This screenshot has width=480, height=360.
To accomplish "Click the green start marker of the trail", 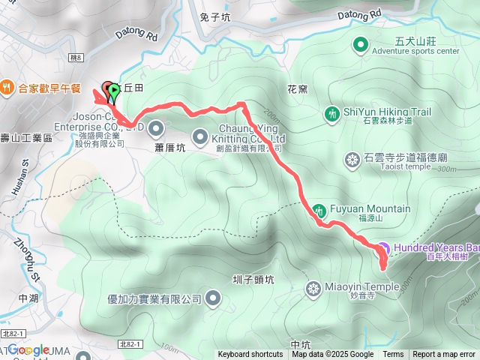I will pyautogui.click(x=113, y=91).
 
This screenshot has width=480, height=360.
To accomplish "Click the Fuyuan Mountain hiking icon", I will pyautogui.click(x=319, y=209).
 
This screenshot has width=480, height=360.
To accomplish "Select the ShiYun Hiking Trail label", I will pyautogui.click(x=387, y=112).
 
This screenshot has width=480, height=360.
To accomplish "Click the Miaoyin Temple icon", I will pyautogui.click(x=313, y=287).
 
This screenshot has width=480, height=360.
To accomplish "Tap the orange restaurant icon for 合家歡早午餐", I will pyautogui.click(x=7, y=86).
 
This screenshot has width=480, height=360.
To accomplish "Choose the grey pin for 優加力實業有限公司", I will pyautogui.click(x=213, y=299).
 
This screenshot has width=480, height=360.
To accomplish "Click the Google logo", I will pyautogui.click(x=28, y=349).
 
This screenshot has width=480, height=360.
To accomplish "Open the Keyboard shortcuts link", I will pyautogui.click(x=250, y=355).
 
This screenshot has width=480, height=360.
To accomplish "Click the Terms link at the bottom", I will pyautogui.click(x=393, y=355).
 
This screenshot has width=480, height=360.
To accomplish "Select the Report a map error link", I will pyautogui.click(x=444, y=355).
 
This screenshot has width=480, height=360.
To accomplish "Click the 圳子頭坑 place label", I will pyautogui.click(x=254, y=279).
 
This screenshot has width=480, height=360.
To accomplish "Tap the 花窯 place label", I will pyautogui.click(x=297, y=89).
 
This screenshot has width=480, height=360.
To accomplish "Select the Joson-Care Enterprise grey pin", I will pyautogui.click(x=156, y=126).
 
